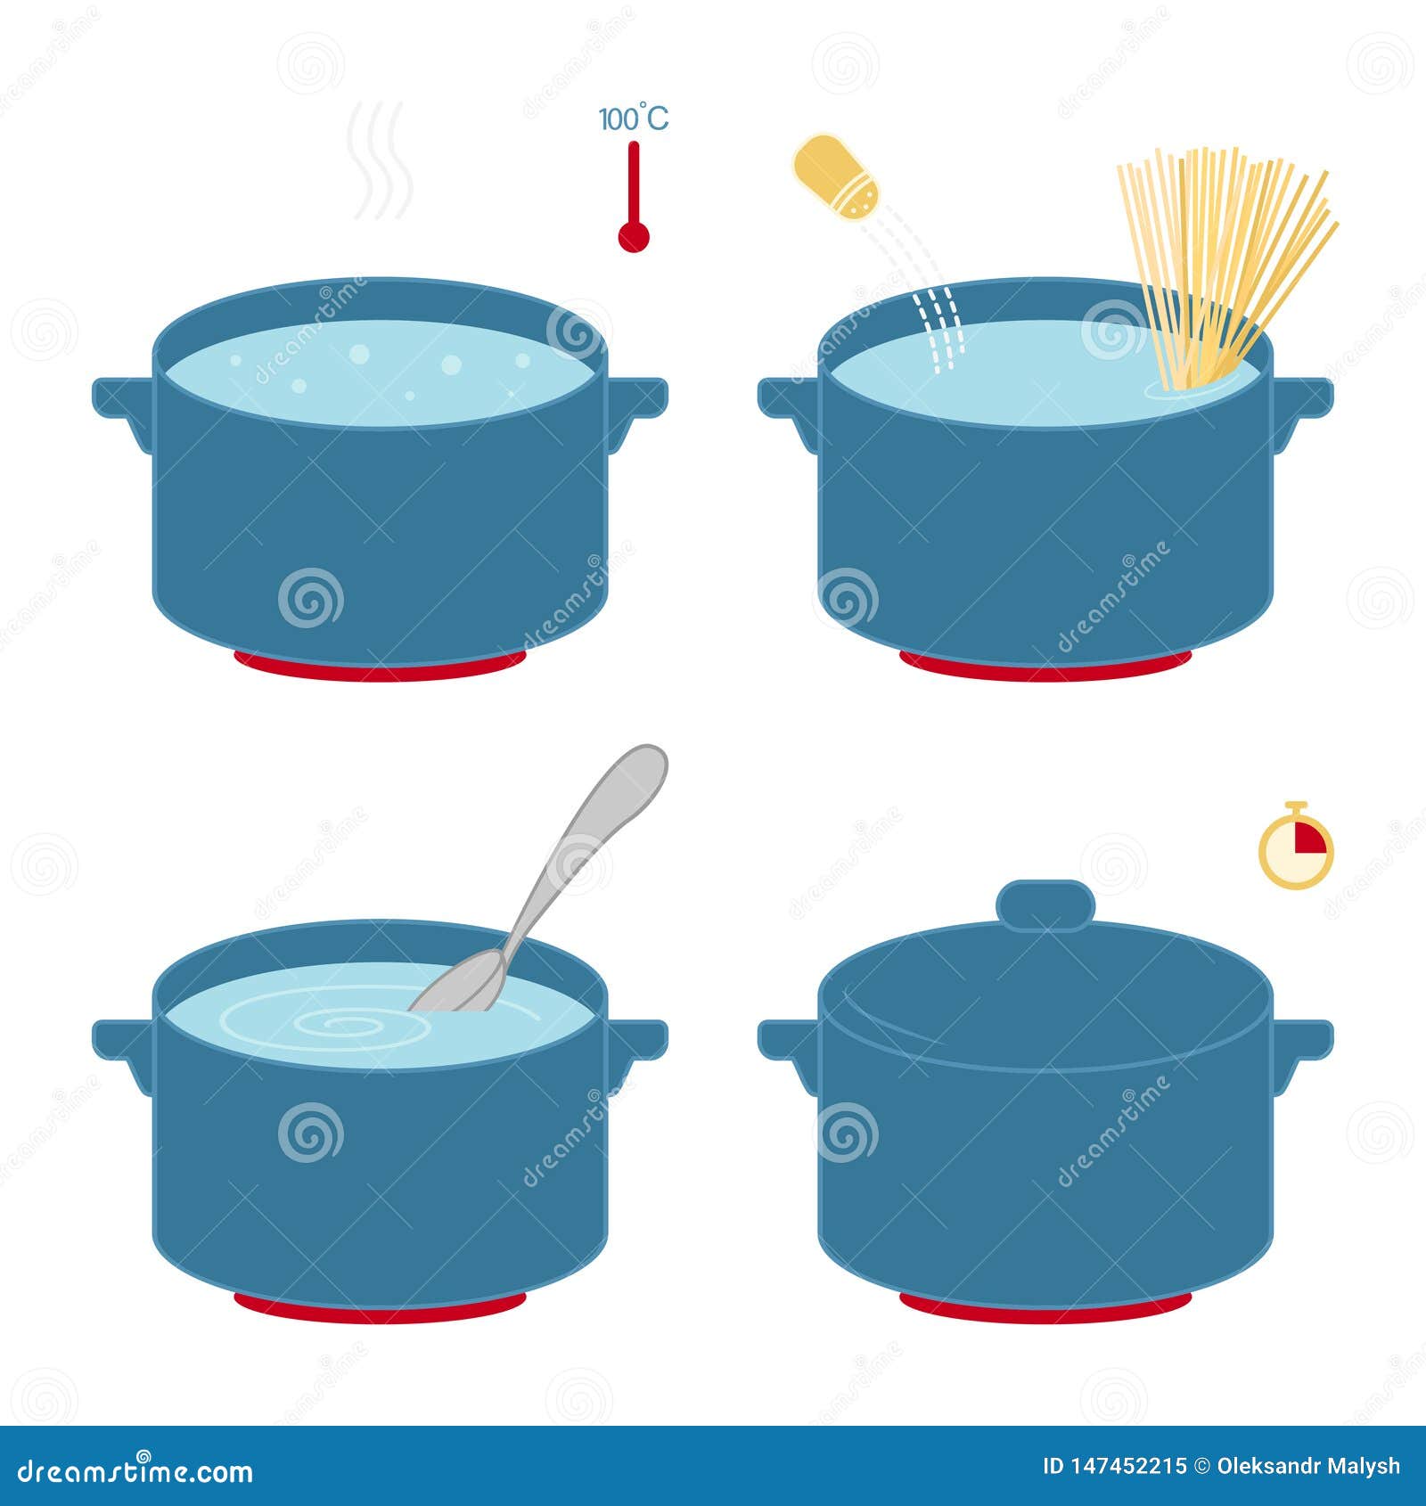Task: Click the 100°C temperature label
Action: (x=633, y=119)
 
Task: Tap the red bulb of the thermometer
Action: (x=634, y=236)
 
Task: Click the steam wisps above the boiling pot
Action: (x=380, y=160)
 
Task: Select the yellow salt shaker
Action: (x=836, y=176)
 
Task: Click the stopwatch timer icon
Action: (x=1296, y=847)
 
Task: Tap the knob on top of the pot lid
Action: (x=1045, y=904)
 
